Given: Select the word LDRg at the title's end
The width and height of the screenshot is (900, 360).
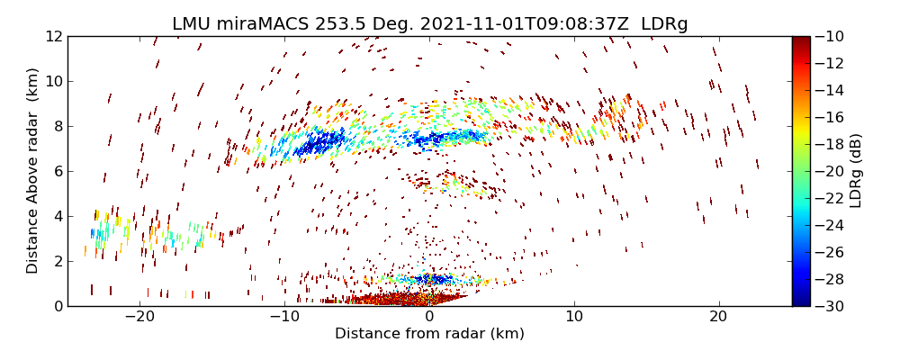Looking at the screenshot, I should pos(664,24).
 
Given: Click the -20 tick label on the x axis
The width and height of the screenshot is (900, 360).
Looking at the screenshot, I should pos(139,317).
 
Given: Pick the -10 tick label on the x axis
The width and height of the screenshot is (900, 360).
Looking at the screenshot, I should pos(284,317).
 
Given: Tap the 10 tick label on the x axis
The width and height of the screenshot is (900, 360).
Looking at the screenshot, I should pos(573,317).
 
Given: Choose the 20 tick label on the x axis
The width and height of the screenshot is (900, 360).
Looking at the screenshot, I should pos(718,317).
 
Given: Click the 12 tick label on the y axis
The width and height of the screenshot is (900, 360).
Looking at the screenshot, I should pos(52,37).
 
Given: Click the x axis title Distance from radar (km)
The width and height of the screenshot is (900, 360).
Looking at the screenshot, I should pos(429,334).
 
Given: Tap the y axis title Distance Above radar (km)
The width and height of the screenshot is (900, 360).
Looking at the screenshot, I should pos(33,171).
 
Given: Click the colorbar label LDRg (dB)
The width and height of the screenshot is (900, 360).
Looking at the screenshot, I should pos(856,171).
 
